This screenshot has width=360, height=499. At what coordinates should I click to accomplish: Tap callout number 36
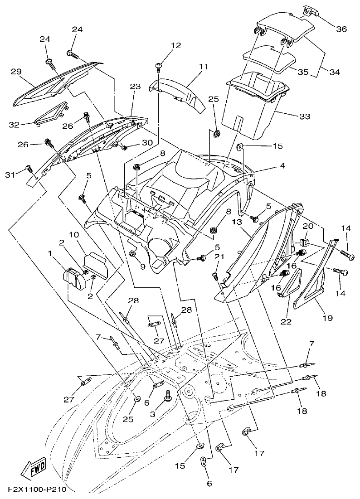[x=341, y=29]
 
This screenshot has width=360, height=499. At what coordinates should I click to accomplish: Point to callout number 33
[x=304, y=116]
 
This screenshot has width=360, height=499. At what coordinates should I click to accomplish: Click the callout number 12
[x=176, y=45]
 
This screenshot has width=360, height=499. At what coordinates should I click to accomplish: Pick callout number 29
[x=17, y=71]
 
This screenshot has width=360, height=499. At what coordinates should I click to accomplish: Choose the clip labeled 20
[x=304, y=241]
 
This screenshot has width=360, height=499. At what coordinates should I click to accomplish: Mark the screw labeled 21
[x=216, y=275]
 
